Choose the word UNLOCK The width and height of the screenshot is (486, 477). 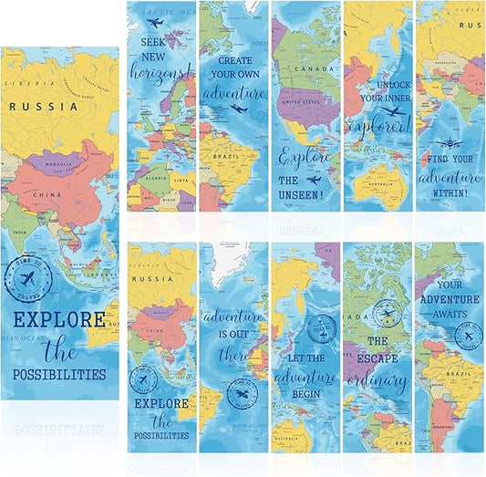[x=377, y=82]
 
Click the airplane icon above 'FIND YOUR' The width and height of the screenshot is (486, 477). [x=450, y=143]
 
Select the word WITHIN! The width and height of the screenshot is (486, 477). [x=450, y=192]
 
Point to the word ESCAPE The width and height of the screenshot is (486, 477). [x=377, y=358]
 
